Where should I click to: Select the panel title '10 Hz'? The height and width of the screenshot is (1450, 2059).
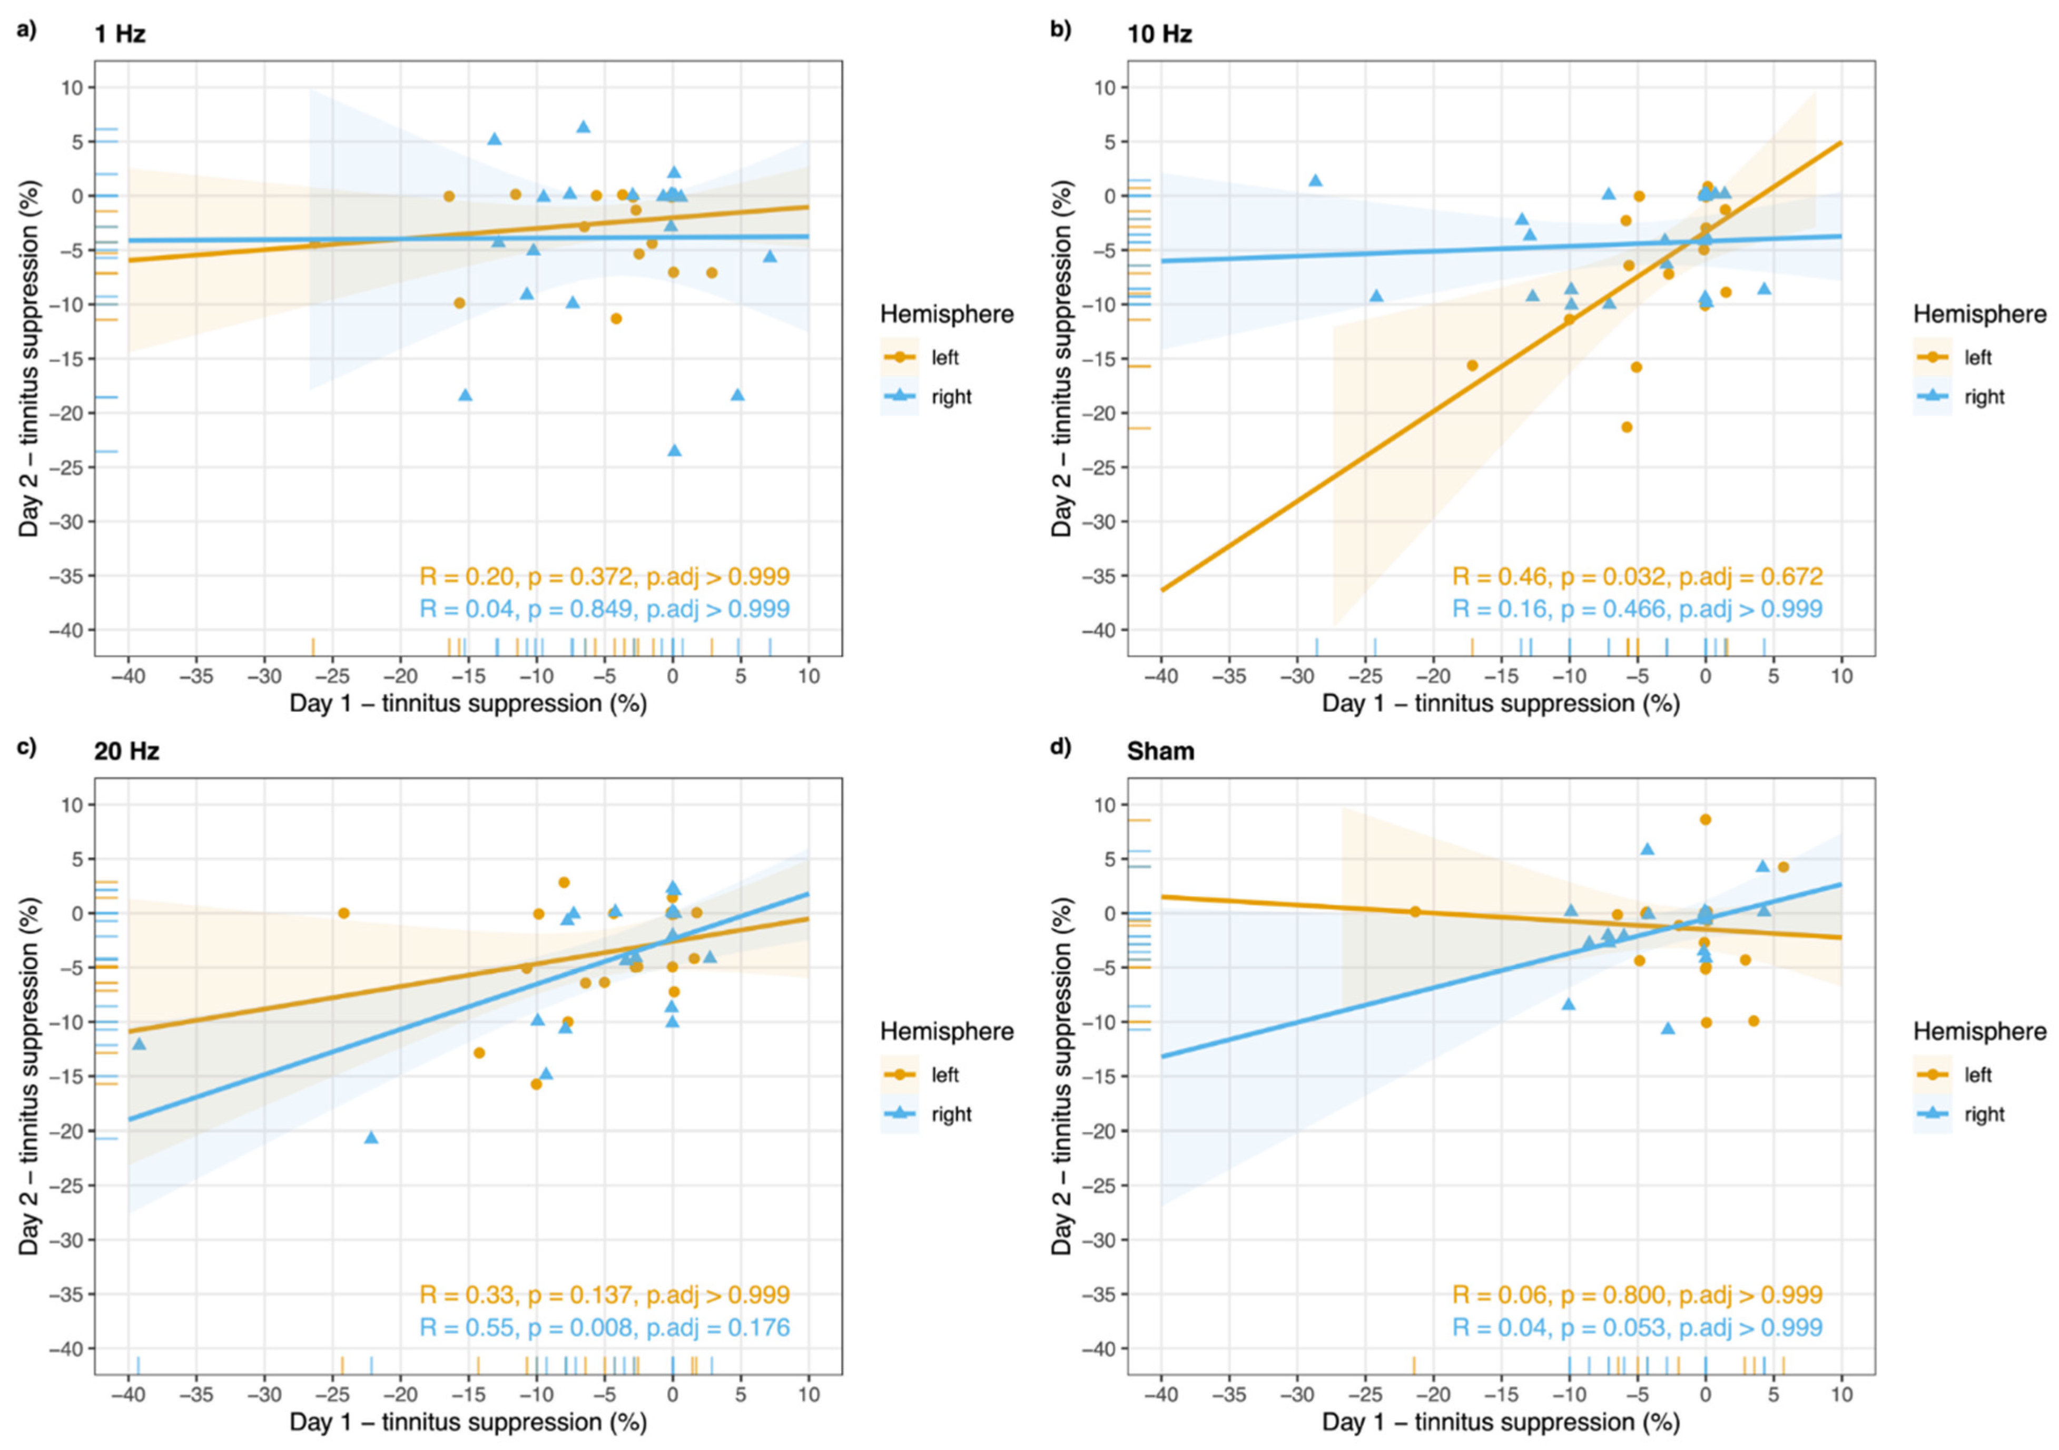tap(1159, 34)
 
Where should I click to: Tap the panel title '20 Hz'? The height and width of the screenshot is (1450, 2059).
tap(126, 751)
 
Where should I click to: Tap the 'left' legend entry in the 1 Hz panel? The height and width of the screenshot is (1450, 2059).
tap(944, 357)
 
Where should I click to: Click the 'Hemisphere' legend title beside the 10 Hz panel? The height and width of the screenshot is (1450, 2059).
tap(1979, 314)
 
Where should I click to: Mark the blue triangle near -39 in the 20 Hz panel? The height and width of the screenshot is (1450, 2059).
tap(139, 1044)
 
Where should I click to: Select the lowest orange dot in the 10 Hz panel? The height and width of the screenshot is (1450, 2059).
tap(1627, 427)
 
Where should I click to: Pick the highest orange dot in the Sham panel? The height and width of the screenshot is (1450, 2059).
tap(1705, 819)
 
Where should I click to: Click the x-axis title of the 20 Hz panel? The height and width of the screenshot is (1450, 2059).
tap(467, 1422)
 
